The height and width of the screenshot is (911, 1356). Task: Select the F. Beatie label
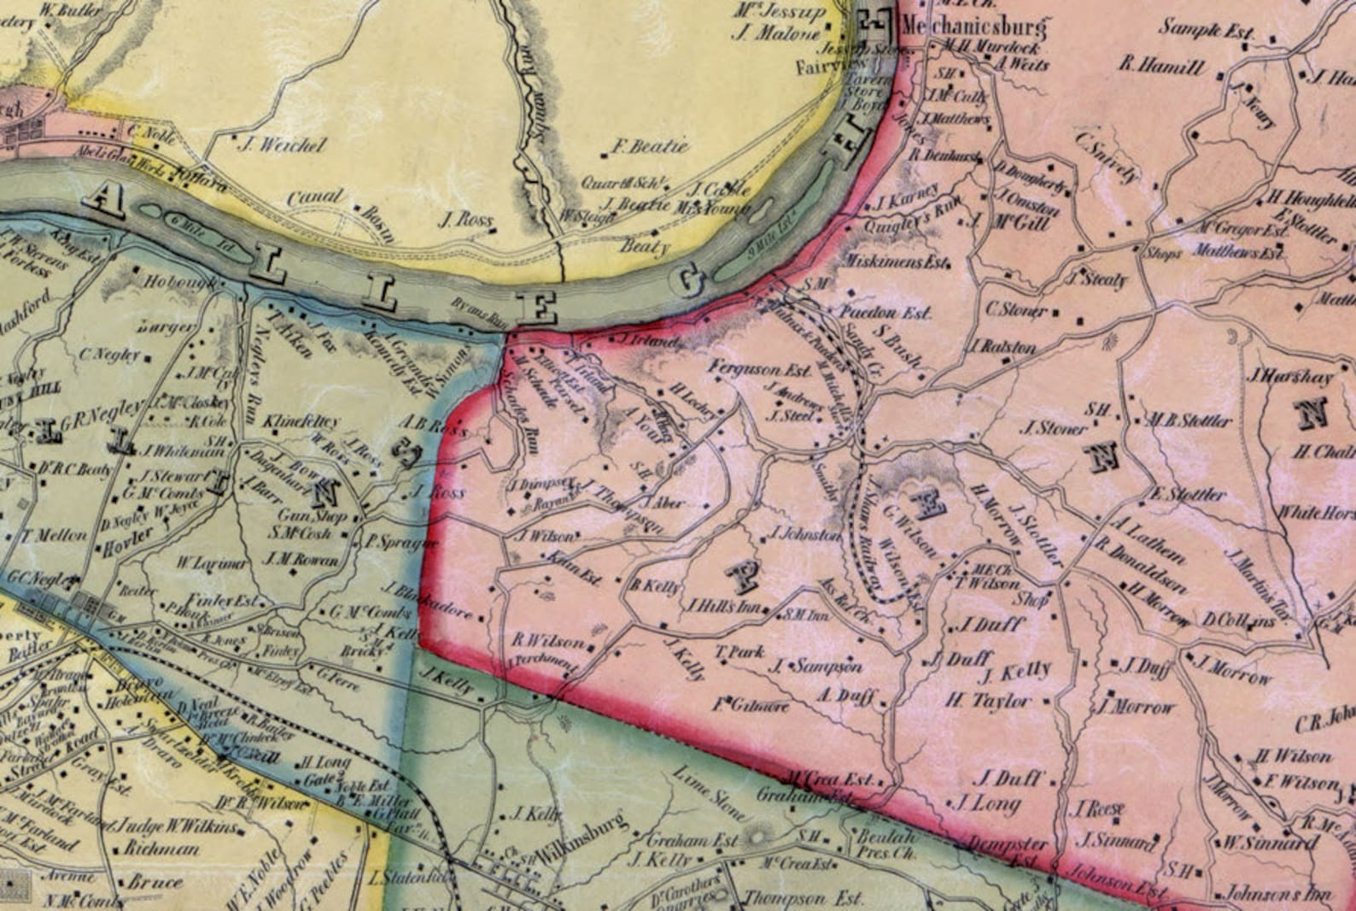click(x=651, y=146)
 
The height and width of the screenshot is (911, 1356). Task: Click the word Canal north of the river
click(x=314, y=197)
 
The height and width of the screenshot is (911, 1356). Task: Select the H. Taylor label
click(x=988, y=702)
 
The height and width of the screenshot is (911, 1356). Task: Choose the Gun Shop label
click(x=312, y=516)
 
